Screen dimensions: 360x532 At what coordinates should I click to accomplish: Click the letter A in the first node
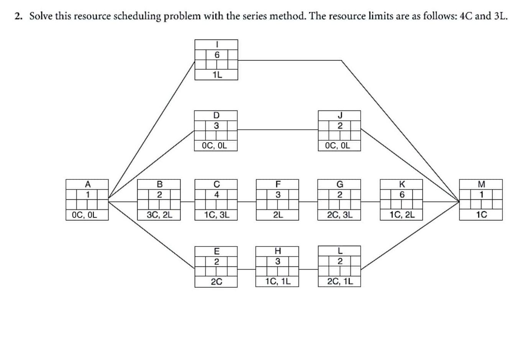pyautogui.click(x=87, y=184)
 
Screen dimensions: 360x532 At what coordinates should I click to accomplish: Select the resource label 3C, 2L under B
pyautogui.click(x=159, y=215)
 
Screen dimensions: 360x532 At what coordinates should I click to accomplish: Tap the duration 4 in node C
pyautogui.click(x=217, y=194)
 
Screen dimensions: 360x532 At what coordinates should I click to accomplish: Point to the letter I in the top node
pyautogui.click(x=217, y=44)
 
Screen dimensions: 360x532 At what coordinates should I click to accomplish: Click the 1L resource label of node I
pyautogui.click(x=217, y=75)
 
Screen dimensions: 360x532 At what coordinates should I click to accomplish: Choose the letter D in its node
pyautogui.click(x=217, y=115)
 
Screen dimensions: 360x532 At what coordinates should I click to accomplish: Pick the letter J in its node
pyautogui.click(x=340, y=115)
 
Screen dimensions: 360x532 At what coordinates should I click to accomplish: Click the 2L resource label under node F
pyautogui.click(x=278, y=215)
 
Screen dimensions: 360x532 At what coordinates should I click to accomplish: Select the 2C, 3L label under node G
pyautogui.click(x=340, y=215)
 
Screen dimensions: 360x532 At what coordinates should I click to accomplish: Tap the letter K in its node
pyautogui.click(x=401, y=184)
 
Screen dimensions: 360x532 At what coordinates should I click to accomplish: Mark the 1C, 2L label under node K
pyautogui.click(x=401, y=215)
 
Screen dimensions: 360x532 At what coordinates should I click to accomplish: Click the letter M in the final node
pyautogui.click(x=481, y=184)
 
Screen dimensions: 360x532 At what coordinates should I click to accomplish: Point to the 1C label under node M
pyautogui.click(x=481, y=215)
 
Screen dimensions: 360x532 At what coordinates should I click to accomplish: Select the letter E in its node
pyautogui.click(x=217, y=251)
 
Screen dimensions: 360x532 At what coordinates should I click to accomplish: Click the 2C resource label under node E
pyautogui.click(x=217, y=282)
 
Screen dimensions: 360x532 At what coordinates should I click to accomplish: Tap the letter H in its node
pyautogui.click(x=278, y=251)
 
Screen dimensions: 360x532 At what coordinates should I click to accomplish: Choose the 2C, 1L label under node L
pyautogui.click(x=340, y=282)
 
